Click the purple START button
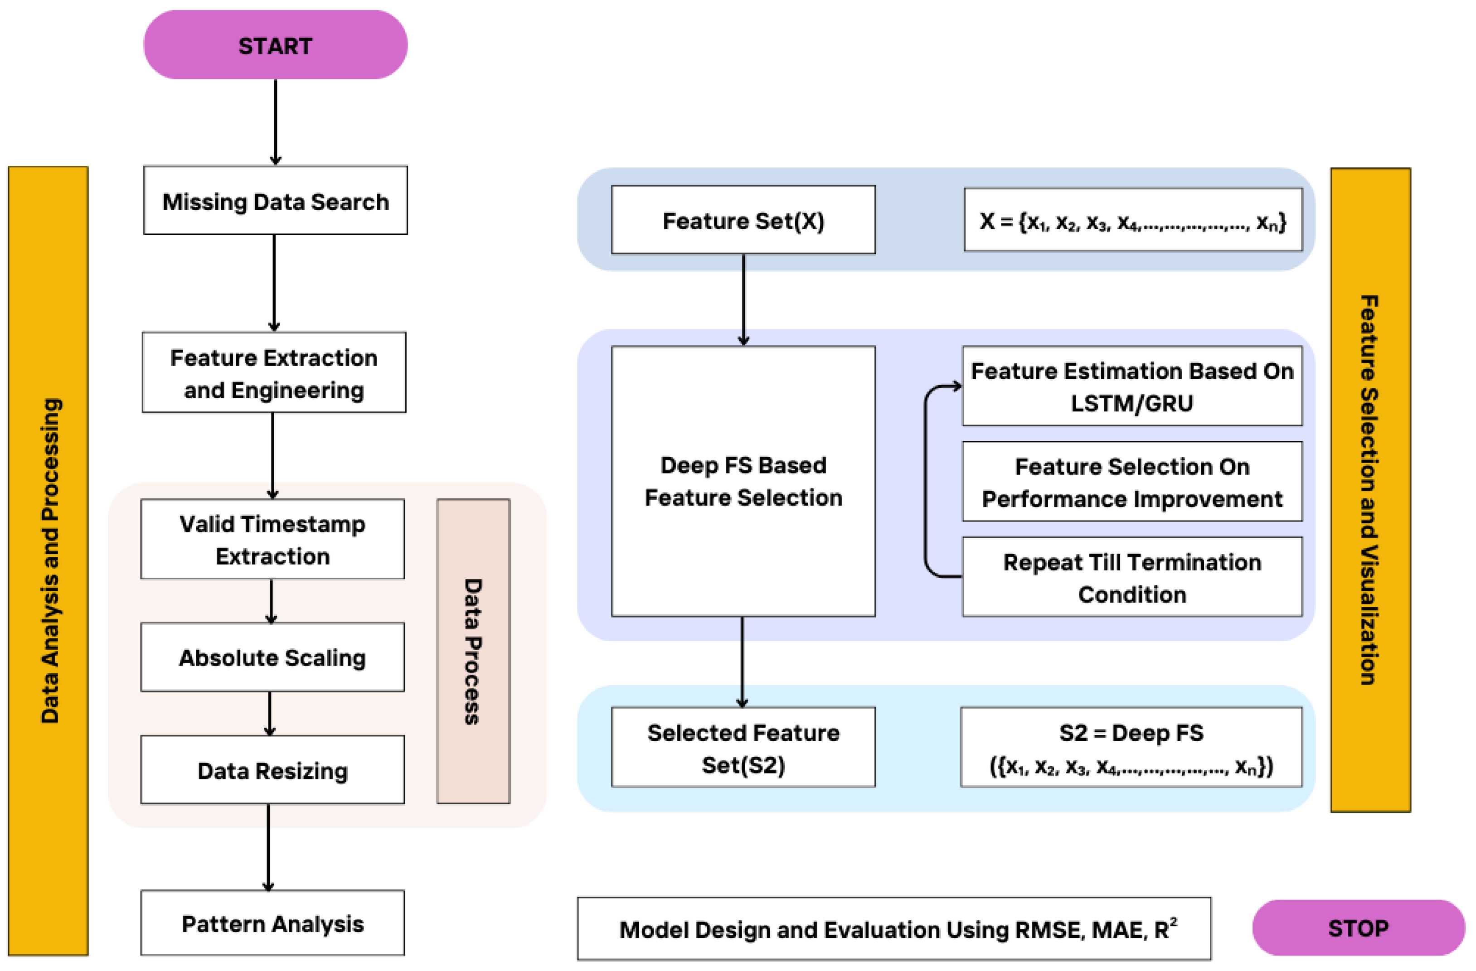275,45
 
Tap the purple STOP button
1358,928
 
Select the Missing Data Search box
275,200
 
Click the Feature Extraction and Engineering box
274,372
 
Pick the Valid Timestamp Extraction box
272,539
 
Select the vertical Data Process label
473,651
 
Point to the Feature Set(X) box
743,220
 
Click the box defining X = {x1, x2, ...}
1132,220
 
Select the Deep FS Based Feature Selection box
743,481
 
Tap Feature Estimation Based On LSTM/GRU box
1132,386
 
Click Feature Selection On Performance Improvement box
1132,481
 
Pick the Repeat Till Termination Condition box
1132,577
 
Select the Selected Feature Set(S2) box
743,747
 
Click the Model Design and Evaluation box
893,928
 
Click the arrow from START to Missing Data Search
275,121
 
